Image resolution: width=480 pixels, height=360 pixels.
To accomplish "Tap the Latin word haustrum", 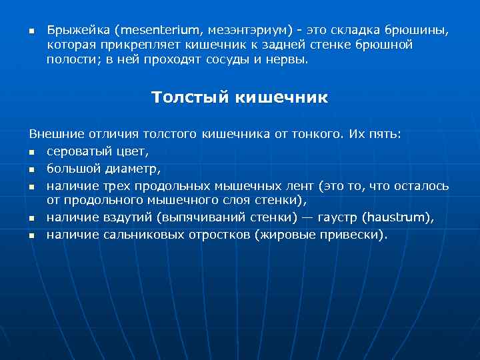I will pos(397,217).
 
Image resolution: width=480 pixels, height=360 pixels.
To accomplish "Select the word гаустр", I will pos(339,217).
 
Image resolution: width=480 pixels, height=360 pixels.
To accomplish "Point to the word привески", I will pos(356,235).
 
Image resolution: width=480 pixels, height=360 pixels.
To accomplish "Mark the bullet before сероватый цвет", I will pos(31,152).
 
